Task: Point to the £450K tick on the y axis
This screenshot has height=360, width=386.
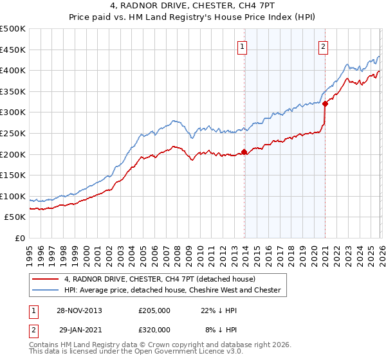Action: coord(13,50)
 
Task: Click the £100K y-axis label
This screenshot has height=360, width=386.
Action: coord(13,196)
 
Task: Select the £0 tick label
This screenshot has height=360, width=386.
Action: coord(20,238)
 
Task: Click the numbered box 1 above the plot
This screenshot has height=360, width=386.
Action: coord(243,46)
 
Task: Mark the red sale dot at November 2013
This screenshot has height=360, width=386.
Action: coord(244,152)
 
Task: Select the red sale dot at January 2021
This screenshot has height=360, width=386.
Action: coord(326,104)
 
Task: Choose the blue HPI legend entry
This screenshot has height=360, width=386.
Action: coord(172,290)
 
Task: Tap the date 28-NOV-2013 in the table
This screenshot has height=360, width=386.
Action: coord(78,310)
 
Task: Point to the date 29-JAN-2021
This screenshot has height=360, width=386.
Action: coord(78,329)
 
